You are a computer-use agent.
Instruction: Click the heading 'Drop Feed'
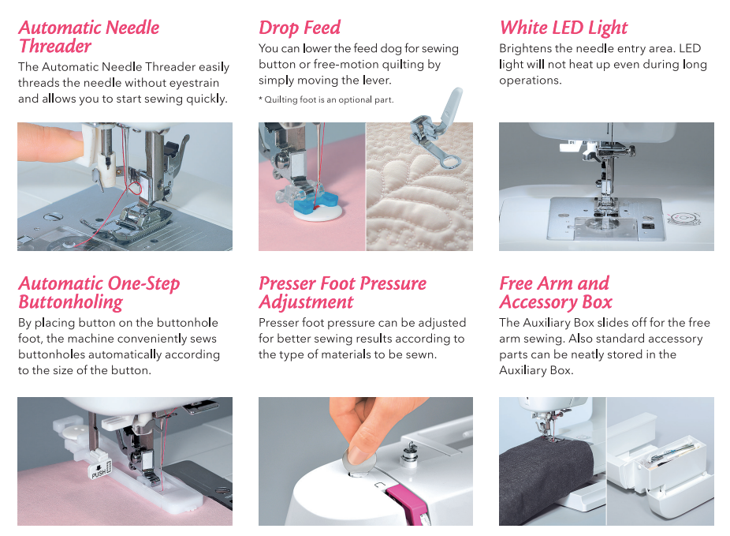[300, 28]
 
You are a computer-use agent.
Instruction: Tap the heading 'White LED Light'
[564, 28]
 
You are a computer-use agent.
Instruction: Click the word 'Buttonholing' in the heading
[71, 302]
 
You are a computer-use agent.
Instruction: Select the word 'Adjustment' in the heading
[307, 302]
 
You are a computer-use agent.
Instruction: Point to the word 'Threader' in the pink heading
[55, 46]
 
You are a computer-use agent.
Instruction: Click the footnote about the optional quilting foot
[326, 99]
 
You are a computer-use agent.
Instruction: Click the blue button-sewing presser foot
[314, 199]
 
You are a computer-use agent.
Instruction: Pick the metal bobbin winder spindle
[410, 452]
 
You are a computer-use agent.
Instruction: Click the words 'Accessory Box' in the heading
[556, 302]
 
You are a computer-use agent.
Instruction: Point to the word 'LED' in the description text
[690, 48]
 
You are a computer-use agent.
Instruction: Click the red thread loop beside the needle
[134, 188]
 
